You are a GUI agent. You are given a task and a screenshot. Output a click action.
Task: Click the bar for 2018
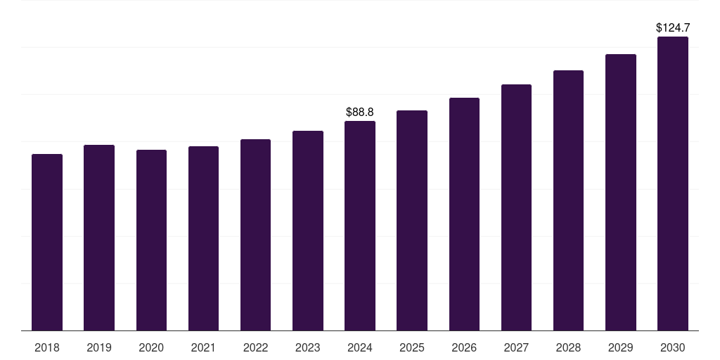pos(47,243)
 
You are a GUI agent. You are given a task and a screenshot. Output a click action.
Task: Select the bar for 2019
pos(99,238)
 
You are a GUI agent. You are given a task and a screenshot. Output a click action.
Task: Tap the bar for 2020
pos(151,240)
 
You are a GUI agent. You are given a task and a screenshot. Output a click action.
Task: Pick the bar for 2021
pos(203,238)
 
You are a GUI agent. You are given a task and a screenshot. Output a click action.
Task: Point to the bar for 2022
pos(255,235)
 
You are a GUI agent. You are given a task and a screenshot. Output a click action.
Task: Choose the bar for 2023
pos(308,231)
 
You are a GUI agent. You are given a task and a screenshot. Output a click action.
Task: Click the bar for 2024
pos(360,226)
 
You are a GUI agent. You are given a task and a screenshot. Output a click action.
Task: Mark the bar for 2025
pos(412,221)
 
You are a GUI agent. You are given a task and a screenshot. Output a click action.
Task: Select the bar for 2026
pos(464,214)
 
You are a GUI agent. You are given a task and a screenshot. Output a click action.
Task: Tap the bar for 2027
pos(516,207)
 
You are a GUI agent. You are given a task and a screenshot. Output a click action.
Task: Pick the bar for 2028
pos(568,200)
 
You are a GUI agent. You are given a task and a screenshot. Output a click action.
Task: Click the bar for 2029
pos(621,193)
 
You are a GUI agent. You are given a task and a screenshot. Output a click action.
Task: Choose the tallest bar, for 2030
pos(673,184)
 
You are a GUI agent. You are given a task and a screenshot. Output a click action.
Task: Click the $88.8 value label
pos(360,112)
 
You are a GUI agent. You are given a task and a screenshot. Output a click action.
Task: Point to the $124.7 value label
pos(673,28)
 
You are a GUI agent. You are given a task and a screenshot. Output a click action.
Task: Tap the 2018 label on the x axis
pos(47,347)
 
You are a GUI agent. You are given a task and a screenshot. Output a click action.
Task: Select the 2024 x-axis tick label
pos(360,347)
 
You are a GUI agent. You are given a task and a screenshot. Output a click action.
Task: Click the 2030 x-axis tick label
pos(673,347)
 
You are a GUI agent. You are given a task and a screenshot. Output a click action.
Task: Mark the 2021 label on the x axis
pos(203,347)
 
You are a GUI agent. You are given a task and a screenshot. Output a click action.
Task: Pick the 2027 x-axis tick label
pos(516,347)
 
